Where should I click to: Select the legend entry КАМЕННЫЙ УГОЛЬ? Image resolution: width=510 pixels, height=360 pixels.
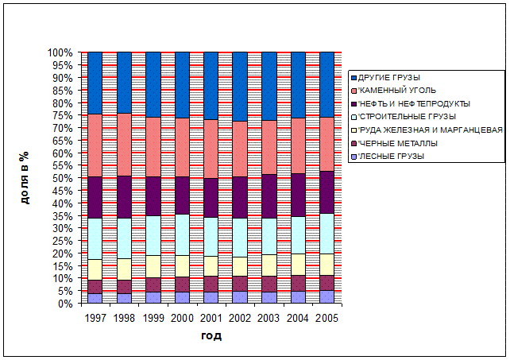(x=391, y=91)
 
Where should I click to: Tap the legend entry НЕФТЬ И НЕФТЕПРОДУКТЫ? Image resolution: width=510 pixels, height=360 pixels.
(x=413, y=104)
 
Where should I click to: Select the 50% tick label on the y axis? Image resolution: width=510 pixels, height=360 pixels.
(x=63, y=178)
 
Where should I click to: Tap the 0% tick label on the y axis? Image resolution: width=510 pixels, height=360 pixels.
(x=66, y=304)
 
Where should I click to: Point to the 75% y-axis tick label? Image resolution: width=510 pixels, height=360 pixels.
(x=63, y=115)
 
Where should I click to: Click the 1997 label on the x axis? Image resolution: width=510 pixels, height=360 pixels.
(x=95, y=318)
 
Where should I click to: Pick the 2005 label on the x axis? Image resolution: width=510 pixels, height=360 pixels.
(x=326, y=318)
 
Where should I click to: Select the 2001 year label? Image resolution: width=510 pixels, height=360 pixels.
(x=211, y=318)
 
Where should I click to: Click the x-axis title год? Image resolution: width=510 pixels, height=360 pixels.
(x=211, y=336)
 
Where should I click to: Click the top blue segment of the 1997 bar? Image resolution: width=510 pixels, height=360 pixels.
(x=95, y=83)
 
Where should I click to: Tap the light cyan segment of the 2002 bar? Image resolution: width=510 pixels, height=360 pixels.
(x=240, y=237)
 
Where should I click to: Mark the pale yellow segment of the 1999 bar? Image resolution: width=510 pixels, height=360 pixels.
(x=153, y=266)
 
